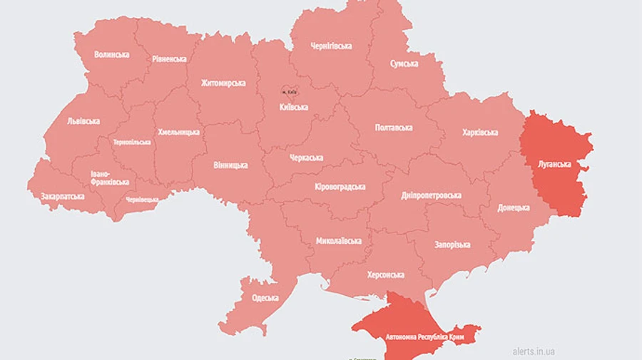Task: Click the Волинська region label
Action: click(111, 54)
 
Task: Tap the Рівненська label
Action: click(169, 59)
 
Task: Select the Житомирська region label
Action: click(223, 83)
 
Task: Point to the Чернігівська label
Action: click(331, 46)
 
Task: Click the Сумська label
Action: click(404, 64)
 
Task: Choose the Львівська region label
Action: click(83, 121)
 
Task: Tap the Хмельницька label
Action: click(178, 133)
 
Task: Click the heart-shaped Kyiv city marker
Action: click(290, 91)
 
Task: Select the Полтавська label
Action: click(394, 128)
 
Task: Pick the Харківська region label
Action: click(479, 133)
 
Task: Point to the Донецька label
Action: click(514, 208)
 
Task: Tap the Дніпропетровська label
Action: click(431, 195)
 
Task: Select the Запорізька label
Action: click(452, 245)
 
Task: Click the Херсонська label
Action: click(386, 274)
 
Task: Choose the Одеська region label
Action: click(265, 297)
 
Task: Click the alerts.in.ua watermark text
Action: click(533, 351)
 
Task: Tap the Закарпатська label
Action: click(62, 195)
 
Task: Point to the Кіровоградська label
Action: click(340, 187)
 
